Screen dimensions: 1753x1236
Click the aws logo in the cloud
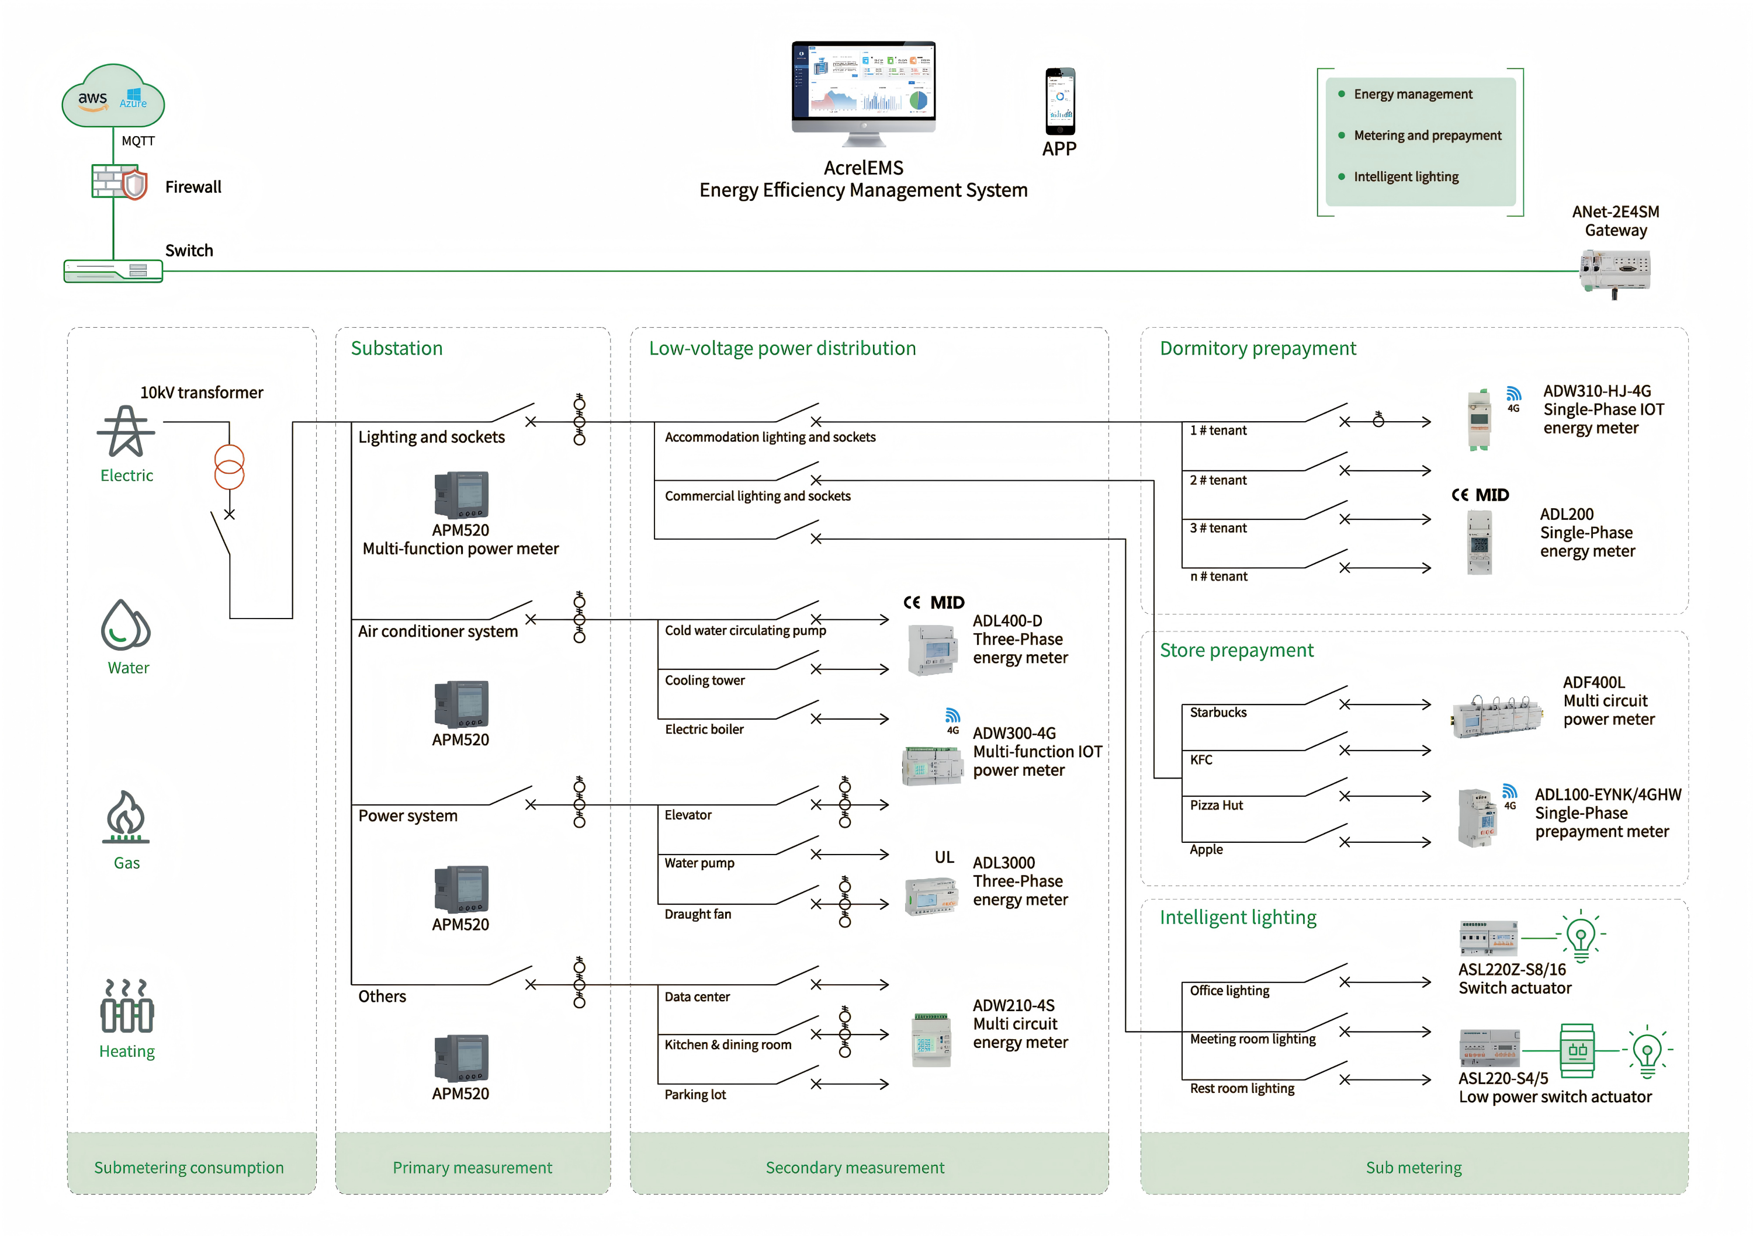click(92, 99)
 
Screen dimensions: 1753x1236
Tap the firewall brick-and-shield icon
click(119, 182)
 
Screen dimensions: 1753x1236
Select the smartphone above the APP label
click(1060, 101)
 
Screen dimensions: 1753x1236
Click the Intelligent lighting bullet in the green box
click(1405, 176)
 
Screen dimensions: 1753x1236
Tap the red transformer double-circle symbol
click(229, 467)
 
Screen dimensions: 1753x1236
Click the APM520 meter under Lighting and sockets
click(461, 495)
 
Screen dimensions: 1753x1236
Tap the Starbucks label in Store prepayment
click(1218, 712)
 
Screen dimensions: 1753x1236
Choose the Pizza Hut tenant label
click(1216, 806)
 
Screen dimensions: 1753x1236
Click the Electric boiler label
click(704, 729)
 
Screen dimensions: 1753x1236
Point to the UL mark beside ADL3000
click(944, 857)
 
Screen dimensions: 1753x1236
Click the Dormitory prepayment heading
click(1257, 348)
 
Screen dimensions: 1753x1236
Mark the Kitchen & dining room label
click(727, 1044)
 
